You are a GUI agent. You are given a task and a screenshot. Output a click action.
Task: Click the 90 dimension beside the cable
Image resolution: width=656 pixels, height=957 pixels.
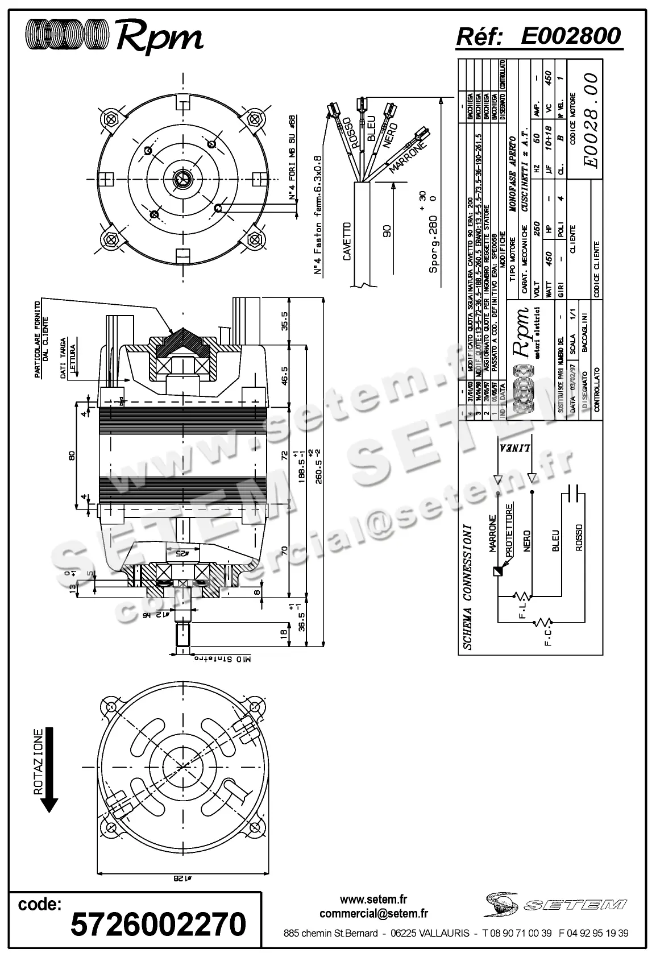click(387, 231)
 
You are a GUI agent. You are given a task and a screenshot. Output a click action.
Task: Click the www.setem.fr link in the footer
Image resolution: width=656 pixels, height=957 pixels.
click(373, 898)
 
